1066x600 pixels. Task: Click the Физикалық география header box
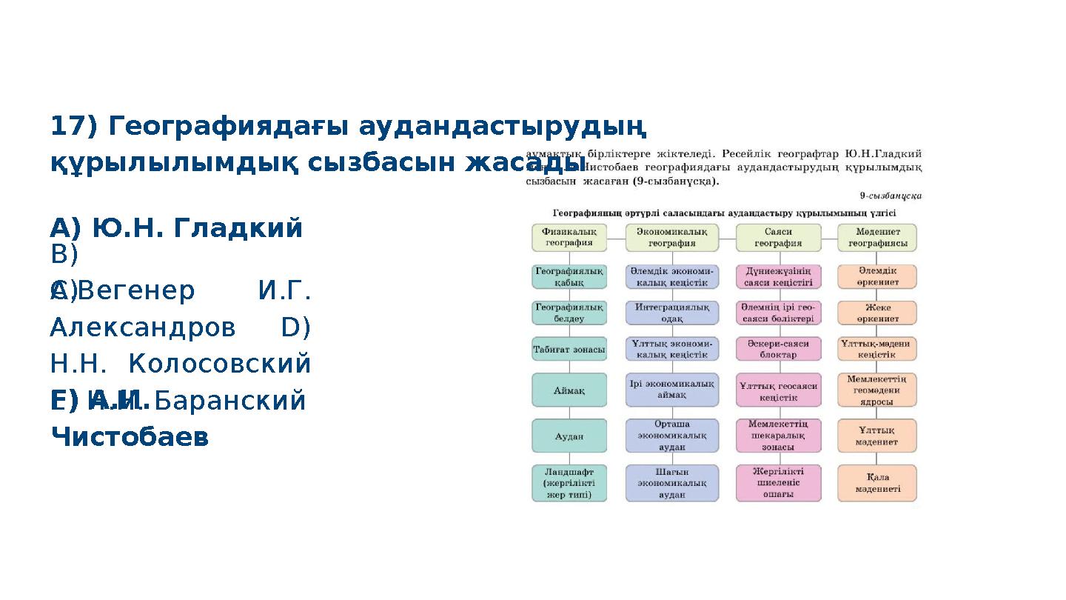[569, 237]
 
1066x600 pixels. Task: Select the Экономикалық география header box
[671, 237]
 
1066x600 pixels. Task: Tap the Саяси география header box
[778, 237]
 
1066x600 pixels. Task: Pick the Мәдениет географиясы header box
[877, 237]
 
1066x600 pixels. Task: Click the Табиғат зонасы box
[569, 349]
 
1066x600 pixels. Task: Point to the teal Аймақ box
[569, 390]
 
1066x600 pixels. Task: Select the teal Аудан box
[569, 436]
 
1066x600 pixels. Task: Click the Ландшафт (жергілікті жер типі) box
[569, 483]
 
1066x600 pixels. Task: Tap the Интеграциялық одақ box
[671, 313]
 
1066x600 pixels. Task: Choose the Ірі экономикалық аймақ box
[671, 390]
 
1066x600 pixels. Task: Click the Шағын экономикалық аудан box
[671, 483]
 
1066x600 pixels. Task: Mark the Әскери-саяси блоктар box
[778, 349]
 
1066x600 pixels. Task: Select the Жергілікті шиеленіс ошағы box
[778, 483]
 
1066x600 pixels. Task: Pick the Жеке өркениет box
[877, 313]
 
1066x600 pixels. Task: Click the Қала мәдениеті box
[877, 483]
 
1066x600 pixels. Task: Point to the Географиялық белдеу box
[569, 313]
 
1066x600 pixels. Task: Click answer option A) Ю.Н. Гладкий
[176, 229]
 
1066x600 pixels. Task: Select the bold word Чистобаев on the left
[130, 437]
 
